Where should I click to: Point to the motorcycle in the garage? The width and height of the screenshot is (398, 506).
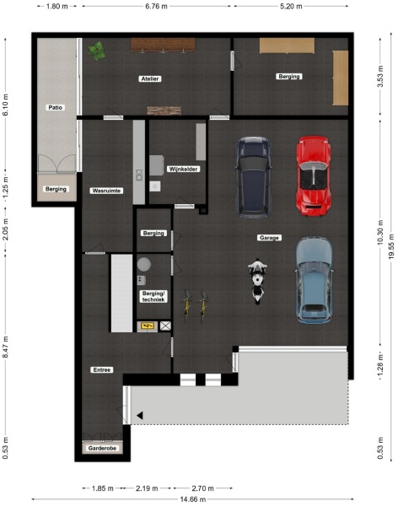pyautogui.click(x=257, y=281)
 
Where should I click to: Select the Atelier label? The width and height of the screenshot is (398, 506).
pyautogui.click(x=150, y=78)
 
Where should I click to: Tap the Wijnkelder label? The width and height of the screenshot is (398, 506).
pyautogui.click(x=183, y=169)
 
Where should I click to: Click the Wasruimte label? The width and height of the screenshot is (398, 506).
pyautogui.click(x=106, y=191)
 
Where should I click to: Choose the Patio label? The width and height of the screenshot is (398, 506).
pyautogui.click(x=56, y=108)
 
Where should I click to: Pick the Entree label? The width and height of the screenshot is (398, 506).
pyautogui.click(x=102, y=370)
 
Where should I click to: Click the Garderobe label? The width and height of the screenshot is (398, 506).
pyautogui.click(x=102, y=449)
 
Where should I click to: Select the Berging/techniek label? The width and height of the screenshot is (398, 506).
pyautogui.click(x=153, y=295)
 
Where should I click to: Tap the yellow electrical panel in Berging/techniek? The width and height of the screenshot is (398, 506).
pyautogui.click(x=146, y=325)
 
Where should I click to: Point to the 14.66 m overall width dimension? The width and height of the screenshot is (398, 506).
pyautogui.click(x=199, y=498)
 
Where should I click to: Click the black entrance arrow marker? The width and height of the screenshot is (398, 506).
pyautogui.click(x=140, y=414)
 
